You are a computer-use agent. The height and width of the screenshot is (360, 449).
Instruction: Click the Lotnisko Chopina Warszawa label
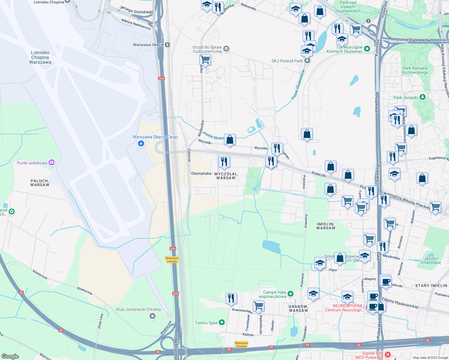(x=40, y=57)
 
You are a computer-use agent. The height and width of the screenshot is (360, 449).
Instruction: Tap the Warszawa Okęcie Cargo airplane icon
(x=141, y=144)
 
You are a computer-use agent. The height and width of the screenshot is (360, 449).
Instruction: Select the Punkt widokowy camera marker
(x=52, y=163)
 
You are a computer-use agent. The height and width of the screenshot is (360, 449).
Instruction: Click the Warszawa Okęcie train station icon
(x=167, y=45)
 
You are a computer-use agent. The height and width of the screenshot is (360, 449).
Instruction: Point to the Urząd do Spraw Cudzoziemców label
(x=207, y=49)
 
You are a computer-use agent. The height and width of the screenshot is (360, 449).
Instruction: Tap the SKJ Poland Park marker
(x=307, y=61)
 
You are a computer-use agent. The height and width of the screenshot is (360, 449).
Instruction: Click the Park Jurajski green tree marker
(x=423, y=97)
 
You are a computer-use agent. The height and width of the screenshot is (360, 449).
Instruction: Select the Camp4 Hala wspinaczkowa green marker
(x=290, y=294)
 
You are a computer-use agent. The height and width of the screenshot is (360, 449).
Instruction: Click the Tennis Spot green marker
(x=222, y=322)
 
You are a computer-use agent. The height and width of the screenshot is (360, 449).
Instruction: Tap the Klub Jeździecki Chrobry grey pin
(x=152, y=316)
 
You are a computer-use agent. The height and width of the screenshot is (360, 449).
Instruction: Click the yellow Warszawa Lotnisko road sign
(x=172, y=259)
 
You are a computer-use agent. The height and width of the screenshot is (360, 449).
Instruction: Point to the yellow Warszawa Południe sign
(x=241, y=344)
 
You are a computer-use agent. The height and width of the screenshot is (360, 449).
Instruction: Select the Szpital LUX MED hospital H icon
(x=387, y=355)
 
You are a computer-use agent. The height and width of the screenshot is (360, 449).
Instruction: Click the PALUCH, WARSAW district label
(x=40, y=183)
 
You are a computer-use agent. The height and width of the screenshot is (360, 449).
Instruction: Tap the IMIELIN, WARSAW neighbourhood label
(x=326, y=226)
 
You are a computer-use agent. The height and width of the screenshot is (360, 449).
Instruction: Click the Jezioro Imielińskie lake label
(x=431, y=260)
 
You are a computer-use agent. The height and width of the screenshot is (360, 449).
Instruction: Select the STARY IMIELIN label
(x=431, y=286)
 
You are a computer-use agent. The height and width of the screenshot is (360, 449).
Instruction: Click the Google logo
(x=10, y=356)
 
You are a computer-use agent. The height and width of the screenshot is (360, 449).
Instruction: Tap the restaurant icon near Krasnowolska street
(x=231, y=298)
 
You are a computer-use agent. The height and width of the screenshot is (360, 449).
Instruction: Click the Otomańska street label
(x=201, y=173)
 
